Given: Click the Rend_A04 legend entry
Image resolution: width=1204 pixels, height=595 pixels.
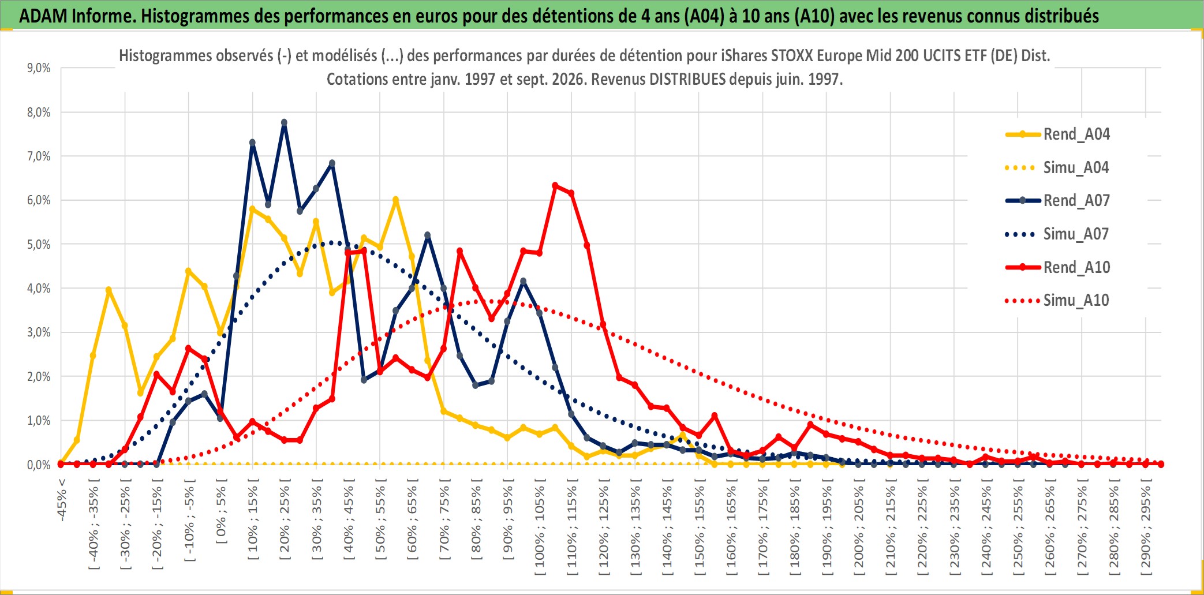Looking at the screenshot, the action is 1057,134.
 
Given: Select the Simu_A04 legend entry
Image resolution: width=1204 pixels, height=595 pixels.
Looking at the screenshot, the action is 1057,167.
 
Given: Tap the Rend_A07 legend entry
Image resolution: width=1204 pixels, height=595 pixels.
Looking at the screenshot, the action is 1057,200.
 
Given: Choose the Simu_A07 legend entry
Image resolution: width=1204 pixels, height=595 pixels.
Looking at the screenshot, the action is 1057,234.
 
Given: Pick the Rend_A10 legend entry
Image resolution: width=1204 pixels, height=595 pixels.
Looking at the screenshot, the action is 1057,267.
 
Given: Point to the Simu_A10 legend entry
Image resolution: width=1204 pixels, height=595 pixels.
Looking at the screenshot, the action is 1057,300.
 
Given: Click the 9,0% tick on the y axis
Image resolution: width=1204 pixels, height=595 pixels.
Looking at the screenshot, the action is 39,68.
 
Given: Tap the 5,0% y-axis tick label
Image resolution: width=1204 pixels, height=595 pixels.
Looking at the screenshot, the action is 39,244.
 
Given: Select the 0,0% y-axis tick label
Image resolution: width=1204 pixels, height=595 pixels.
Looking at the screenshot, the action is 39,465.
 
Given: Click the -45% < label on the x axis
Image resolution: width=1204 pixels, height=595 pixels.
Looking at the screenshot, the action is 62,500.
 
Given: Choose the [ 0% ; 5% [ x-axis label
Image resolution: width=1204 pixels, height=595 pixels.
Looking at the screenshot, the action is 221,511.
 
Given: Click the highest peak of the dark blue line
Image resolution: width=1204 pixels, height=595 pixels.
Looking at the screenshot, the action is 284,122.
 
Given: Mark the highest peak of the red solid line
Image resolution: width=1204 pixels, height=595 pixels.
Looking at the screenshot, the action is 555,185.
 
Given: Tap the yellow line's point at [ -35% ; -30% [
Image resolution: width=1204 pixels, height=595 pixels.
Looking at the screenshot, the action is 109,290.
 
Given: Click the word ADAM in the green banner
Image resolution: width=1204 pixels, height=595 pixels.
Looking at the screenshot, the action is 42,16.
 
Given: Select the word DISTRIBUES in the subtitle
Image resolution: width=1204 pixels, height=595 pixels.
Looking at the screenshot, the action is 687,79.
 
